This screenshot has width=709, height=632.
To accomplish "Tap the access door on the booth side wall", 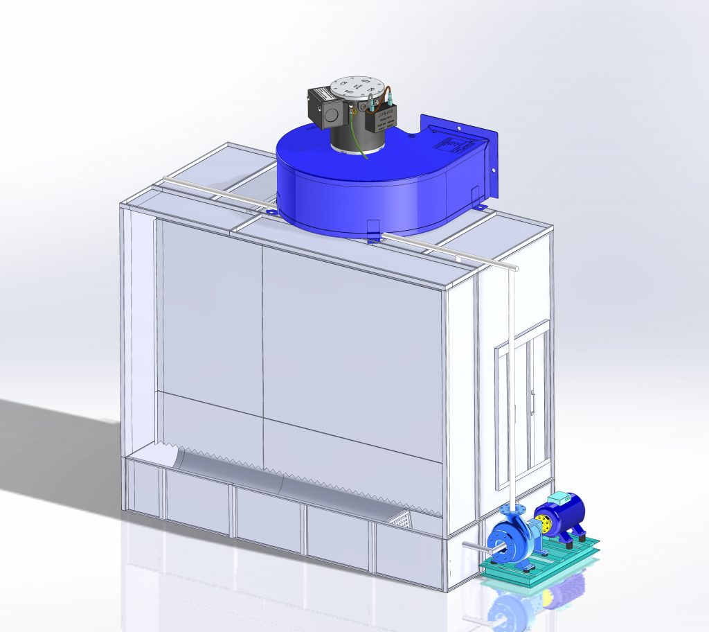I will pyautogui.click(x=523, y=402).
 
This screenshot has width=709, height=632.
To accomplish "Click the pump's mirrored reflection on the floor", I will pyautogui.click(x=512, y=610).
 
